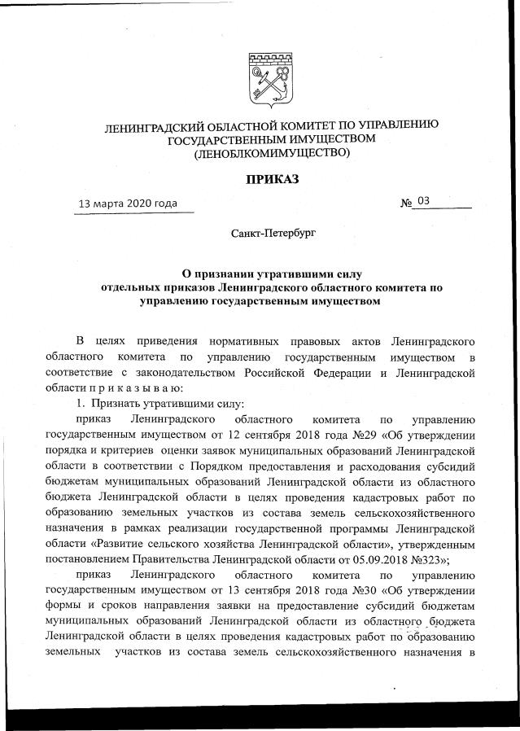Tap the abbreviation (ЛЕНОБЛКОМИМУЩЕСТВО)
tap(269, 152)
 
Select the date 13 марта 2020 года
tap(127, 203)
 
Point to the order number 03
tap(423, 199)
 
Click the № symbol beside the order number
tap(406, 202)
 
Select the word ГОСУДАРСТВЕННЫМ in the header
tap(224, 138)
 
